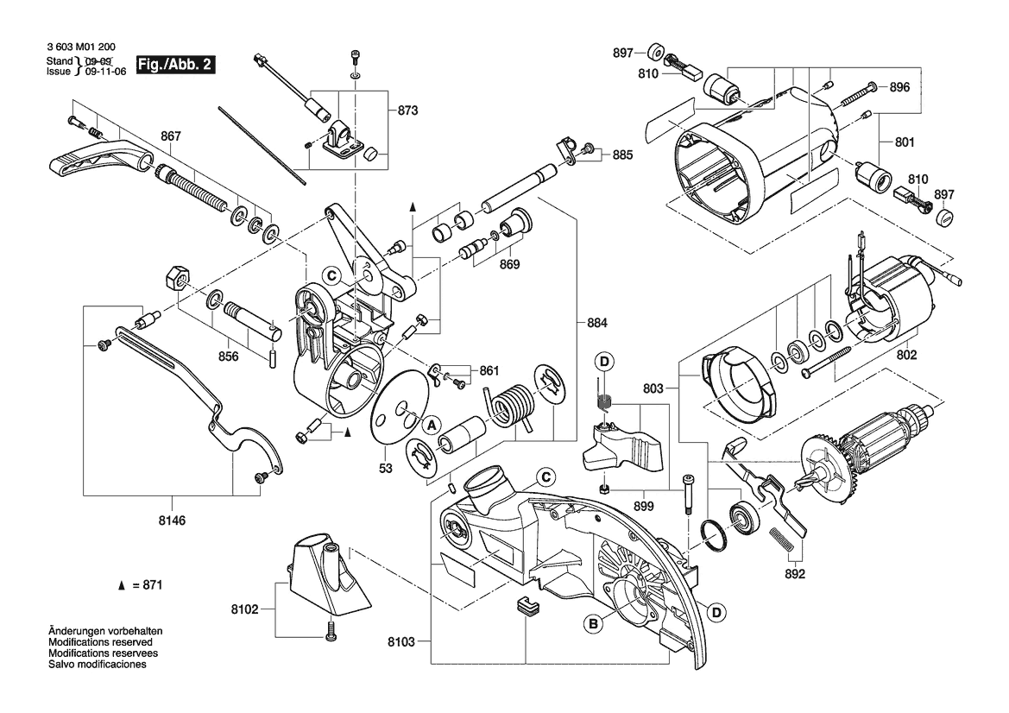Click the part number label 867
coord(171,136)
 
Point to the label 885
coord(622,155)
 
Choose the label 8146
coord(171,521)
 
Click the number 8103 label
coord(403,641)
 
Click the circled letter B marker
coord(592,623)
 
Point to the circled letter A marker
coord(429,424)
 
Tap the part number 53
coord(385,469)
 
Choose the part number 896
coord(900,87)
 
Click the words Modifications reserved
coord(101,643)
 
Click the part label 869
coord(509,265)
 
